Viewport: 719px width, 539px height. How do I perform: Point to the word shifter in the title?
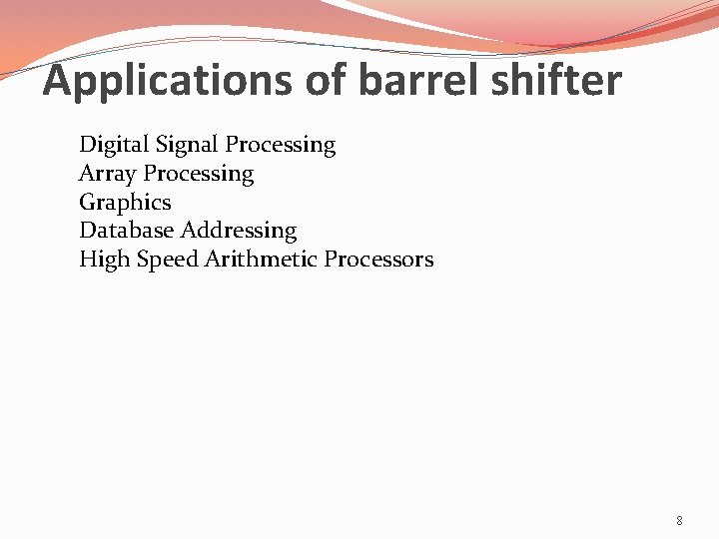click(555, 81)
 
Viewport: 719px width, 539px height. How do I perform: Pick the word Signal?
click(181, 146)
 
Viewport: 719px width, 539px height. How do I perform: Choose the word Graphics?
click(125, 203)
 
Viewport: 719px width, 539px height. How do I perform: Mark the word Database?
click(127, 231)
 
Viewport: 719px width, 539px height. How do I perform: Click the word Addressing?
click(239, 232)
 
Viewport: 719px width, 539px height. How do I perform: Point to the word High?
click(103, 261)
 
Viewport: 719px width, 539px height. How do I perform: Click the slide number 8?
click(679, 520)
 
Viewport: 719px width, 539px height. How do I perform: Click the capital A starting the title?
click(58, 81)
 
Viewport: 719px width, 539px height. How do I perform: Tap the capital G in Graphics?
click(87, 203)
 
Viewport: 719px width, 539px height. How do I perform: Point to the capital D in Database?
click(87, 231)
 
